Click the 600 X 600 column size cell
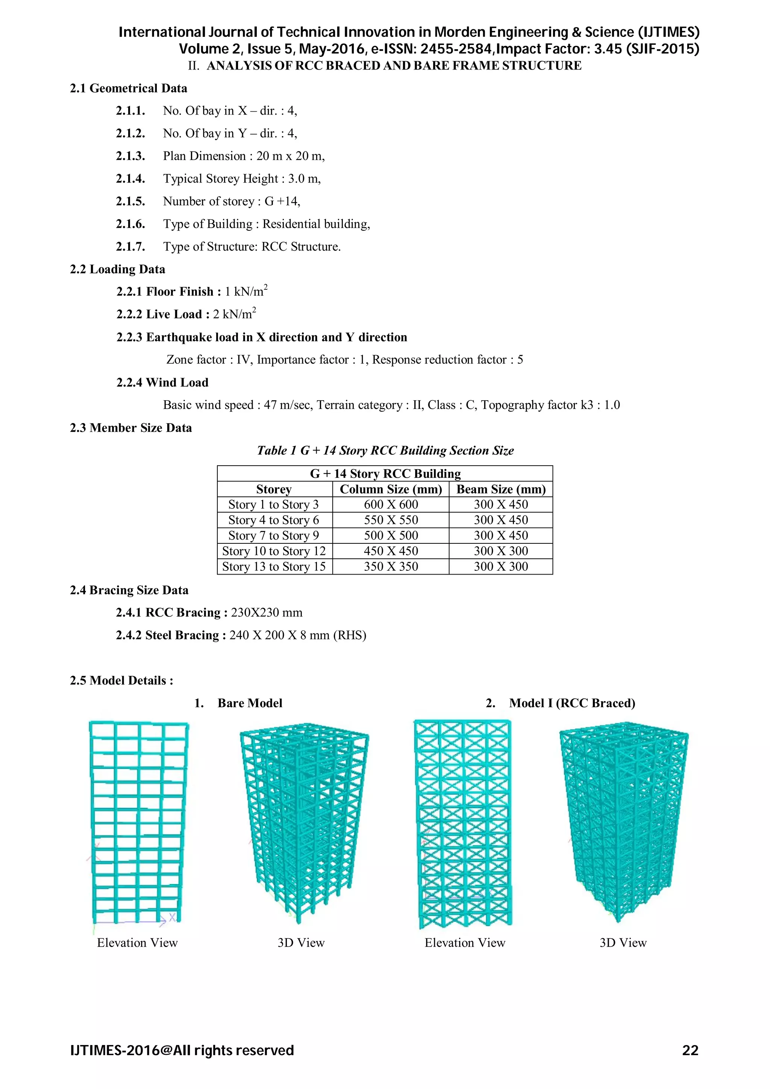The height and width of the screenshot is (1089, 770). pyautogui.click(x=391, y=504)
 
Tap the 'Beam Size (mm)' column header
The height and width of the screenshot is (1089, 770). pyautogui.click(x=501, y=489)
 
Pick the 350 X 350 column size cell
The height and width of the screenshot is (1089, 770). pyautogui.click(x=391, y=566)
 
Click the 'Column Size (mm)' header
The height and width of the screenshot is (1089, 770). pyautogui.click(x=391, y=489)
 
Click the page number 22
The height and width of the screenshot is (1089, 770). pyautogui.click(x=690, y=1050)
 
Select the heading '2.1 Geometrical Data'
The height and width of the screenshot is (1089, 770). pyautogui.click(x=129, y=88)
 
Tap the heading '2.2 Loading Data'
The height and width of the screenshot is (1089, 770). pyautogui.click(x=118, y=269)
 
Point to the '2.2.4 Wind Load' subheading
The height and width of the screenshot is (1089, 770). pyautogui.click(x=163, y=382)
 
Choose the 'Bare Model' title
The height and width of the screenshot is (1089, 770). pyautogui.click(x=250, y=703)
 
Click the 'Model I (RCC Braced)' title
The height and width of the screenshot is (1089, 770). pyautogui.click(x=572, y=703)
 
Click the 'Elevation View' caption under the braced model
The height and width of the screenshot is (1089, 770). pyautogui.click(x=465, y=942)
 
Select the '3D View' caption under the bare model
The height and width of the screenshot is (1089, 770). pyautogui.click(x=301, y=942)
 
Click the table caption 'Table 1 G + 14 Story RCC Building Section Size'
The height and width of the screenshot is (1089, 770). pyautogui.click(x=385, y=450)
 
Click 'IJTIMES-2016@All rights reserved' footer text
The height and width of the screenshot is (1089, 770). pyautogui.click(x=182, y=1050)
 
